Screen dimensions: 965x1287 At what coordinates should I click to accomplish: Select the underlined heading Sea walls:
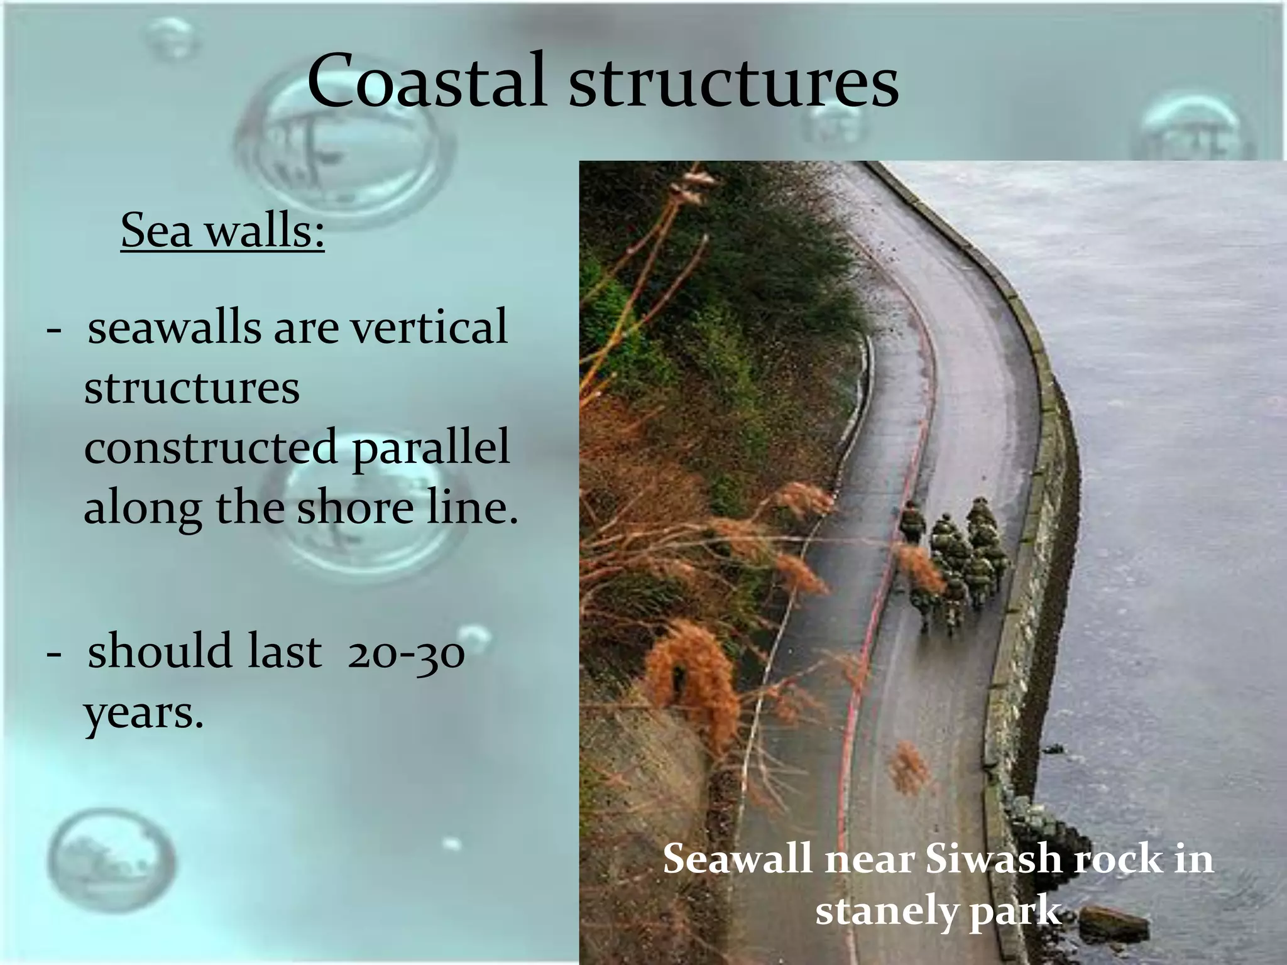click(x=222, y=231)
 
